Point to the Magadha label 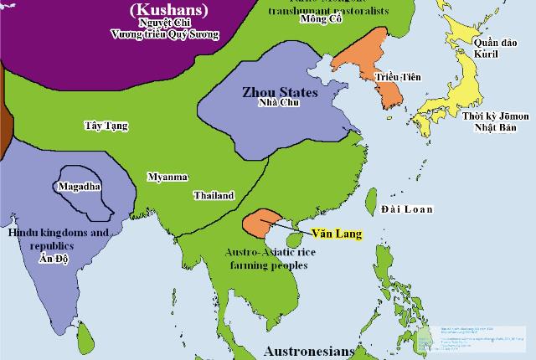point(81,185)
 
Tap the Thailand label point(214,195)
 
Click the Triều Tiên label point(398,77)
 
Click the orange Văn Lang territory point(260,223)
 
